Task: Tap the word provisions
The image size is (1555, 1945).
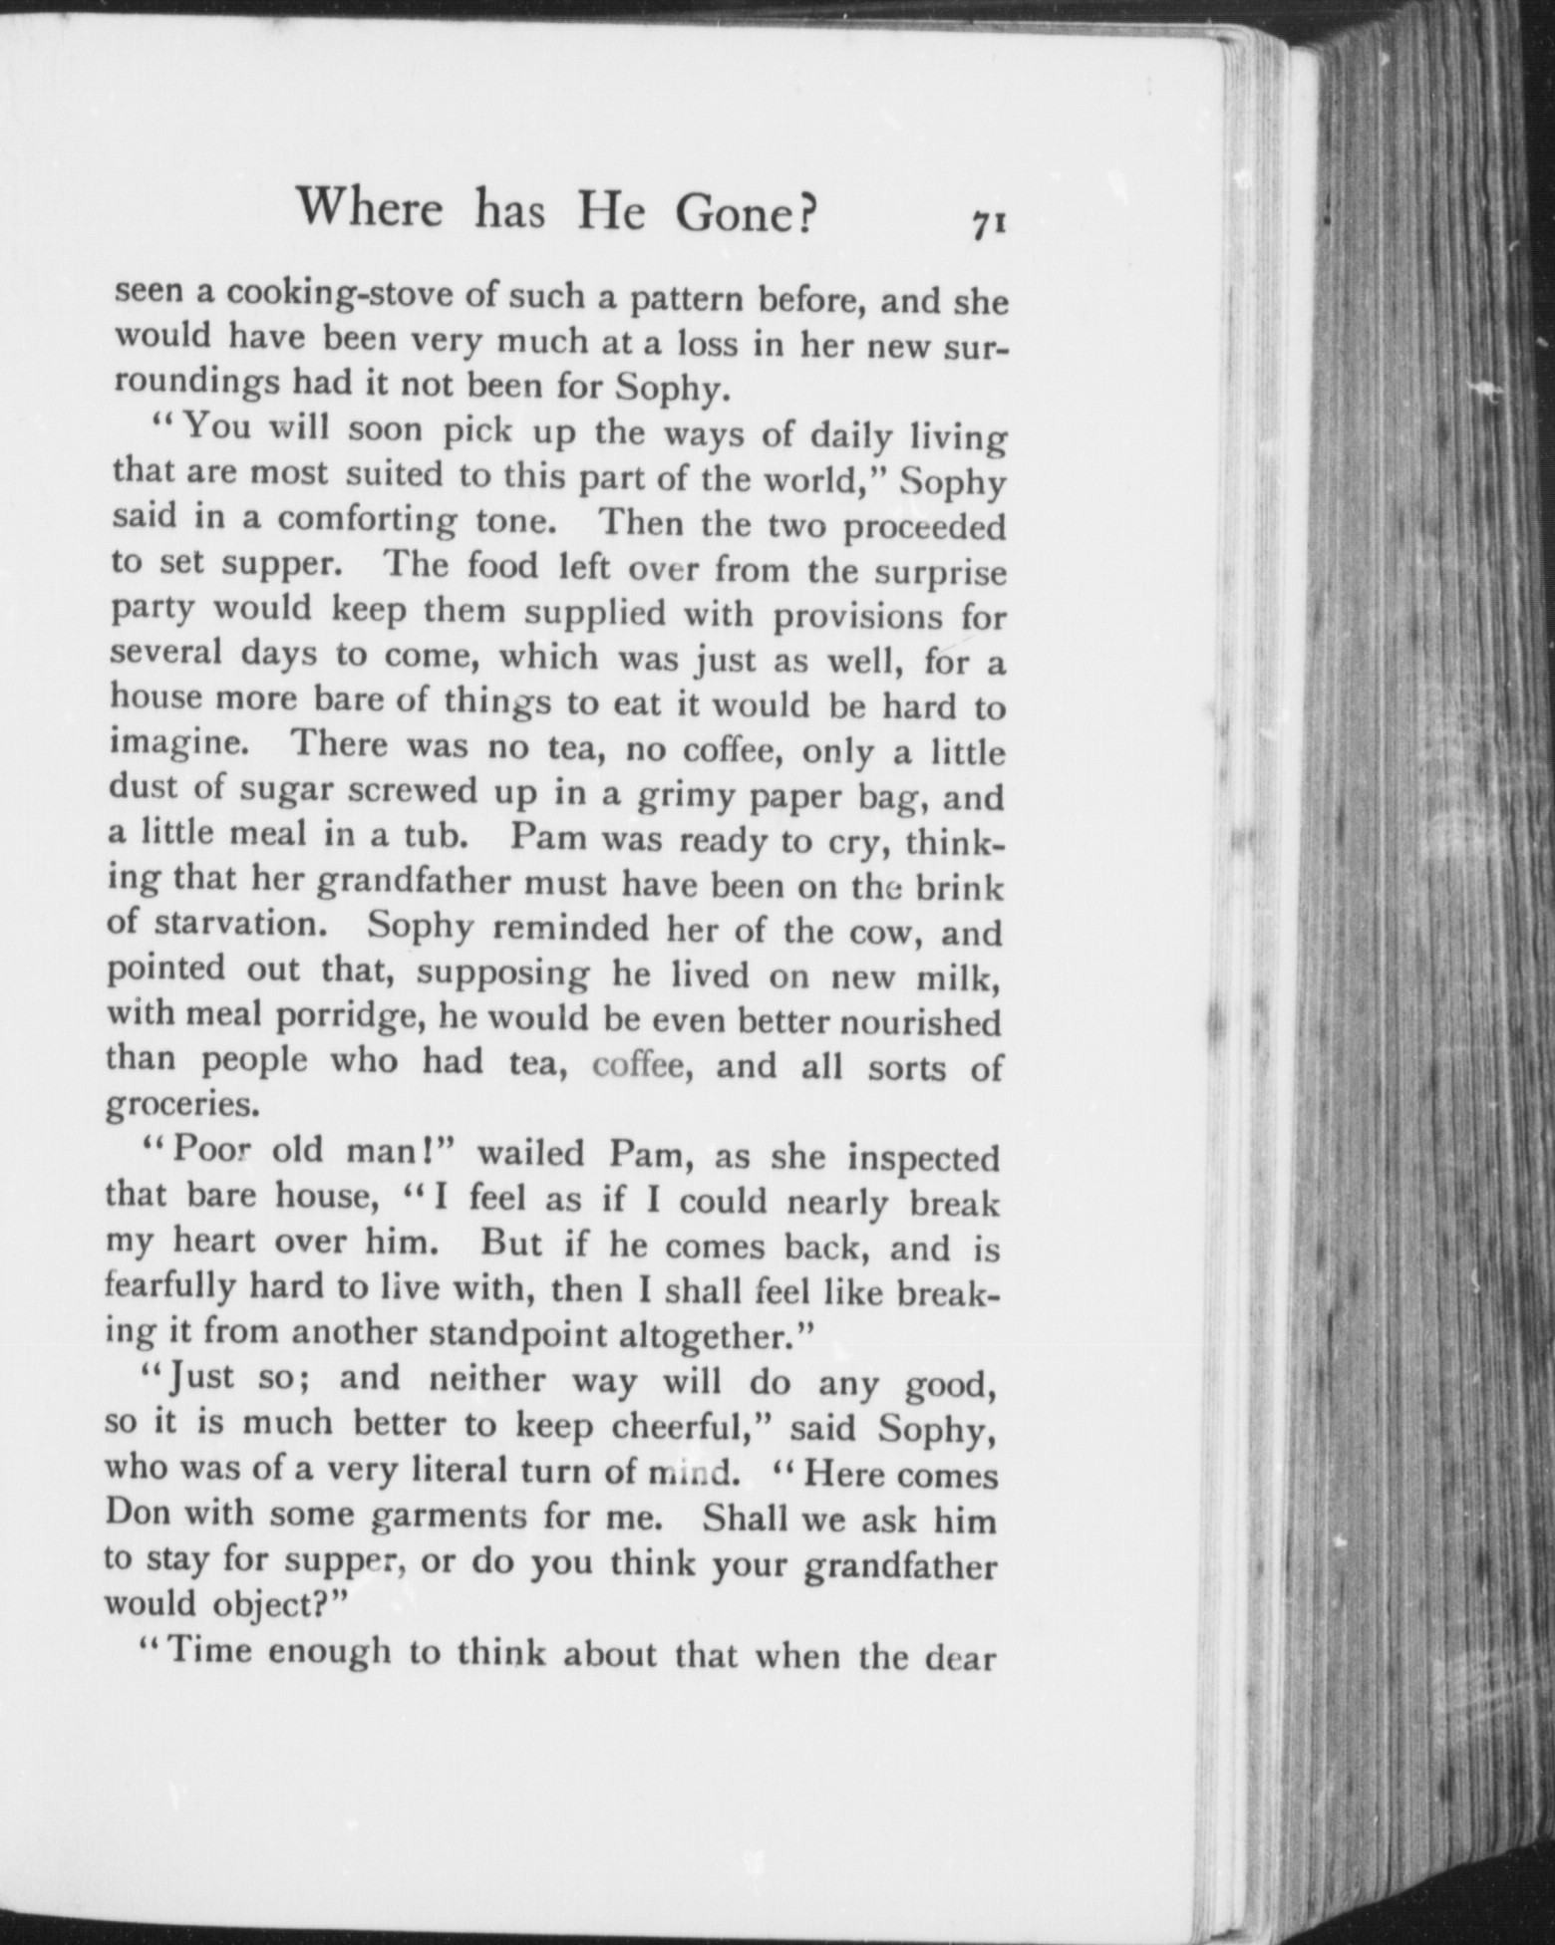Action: pyautogui.click(x=858, y=618)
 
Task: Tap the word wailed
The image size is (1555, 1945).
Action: pyautogui.click(x=531, y=1153)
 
